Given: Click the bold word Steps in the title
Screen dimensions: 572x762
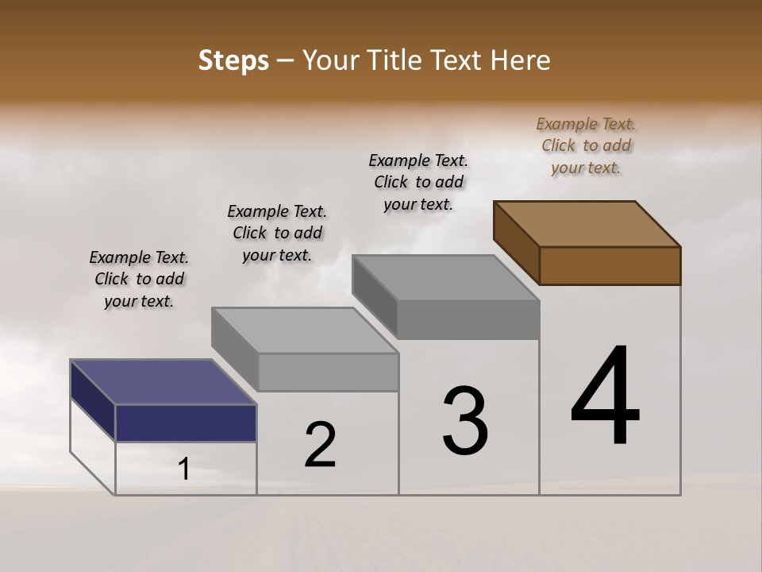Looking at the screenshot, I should click(233, 60).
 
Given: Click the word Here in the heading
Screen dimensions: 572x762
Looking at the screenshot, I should click(520, 60).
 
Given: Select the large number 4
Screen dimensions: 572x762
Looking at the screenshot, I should click(605, 397).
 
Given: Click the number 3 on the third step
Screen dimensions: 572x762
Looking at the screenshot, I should click(465, 421).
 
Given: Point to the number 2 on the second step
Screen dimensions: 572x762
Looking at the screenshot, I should click(321, 445).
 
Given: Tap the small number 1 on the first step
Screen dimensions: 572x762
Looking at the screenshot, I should click(184, 470).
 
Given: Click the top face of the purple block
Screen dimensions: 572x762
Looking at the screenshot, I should click(163, 382).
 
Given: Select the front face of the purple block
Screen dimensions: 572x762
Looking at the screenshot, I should click(186, 423).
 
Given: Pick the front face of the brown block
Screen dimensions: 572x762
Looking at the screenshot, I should click(610, 265).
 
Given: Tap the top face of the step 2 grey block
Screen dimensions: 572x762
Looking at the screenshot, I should click(306, 330).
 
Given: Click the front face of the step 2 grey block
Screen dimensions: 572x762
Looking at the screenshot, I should click(328, 372).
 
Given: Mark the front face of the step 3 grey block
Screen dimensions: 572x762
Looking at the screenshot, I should click(468, 319).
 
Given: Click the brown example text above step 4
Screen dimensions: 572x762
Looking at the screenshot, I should click(586, 145).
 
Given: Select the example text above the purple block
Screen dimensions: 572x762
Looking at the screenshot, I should click(139, 279).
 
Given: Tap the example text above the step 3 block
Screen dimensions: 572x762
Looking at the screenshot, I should click(418, 182).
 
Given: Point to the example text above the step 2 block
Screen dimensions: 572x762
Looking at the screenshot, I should click(277, 233).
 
